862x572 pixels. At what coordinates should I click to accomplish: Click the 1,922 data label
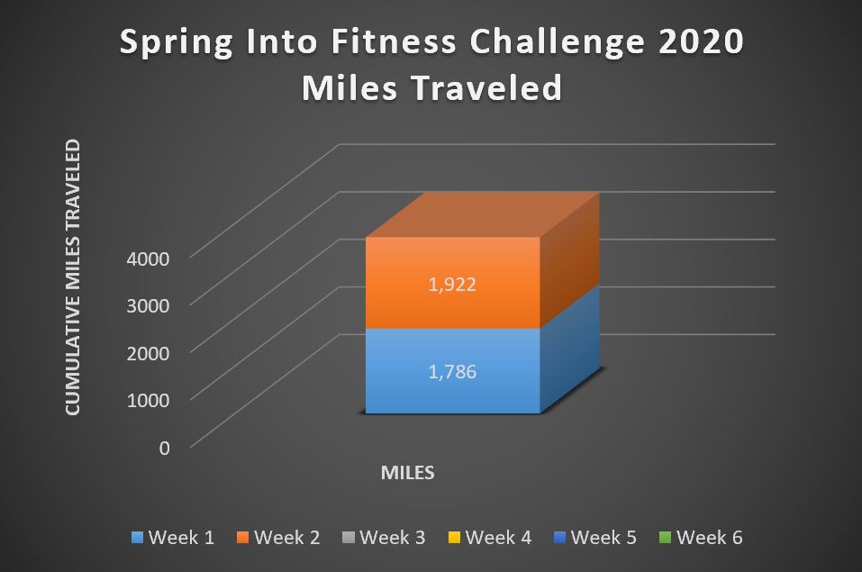pyautogui.click(x=452, y=285)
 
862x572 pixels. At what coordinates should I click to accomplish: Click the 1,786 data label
pyautogui.click(x=452, y=372)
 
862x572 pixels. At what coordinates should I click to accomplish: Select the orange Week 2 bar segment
pyautogui.click(x=453, y=283)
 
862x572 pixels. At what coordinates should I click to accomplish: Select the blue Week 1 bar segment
pyautogui.click(x=453, y=371)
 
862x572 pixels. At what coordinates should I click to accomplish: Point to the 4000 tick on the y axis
pyautogui.click(x=148, y=259)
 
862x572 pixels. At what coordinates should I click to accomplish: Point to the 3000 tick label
pyautogui.click(x=148, y=305)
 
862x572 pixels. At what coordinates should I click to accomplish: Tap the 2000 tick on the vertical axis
pyautogui.click(x=148, y=353)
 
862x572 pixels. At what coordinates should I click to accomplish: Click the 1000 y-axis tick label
pyautogui.click(x=148, y=400)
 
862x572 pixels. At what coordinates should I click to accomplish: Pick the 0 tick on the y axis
pyautogui.click(x=164, y=449)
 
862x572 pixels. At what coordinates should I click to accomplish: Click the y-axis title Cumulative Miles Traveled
pyautogui.click(x=73, y=277)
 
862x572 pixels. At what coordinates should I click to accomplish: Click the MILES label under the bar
pyautogui.click(x=408, y=472)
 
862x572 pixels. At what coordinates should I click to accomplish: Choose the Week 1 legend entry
pyautogui.click(x=173, y=538)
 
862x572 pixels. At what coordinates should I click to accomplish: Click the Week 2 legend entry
pyautogui.click(x=278, y=538)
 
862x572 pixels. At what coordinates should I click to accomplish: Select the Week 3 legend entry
pyautogui.click(x=384, y=538)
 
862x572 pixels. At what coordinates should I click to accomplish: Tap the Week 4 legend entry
pyautogui.click(x=490, y=538)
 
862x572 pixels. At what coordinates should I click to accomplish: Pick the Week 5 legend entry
pyautogui.click(x=595, y=538)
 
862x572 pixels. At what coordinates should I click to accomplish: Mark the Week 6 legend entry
pyautogui.click(x=701, y=538)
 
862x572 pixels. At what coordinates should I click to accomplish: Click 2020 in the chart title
pyautogui.click(x=701, y=41)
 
